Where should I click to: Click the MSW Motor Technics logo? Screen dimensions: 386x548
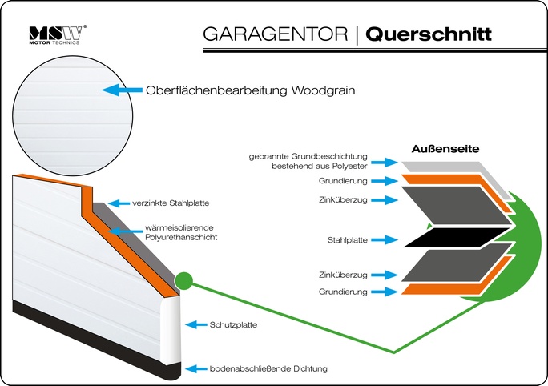[57, 34]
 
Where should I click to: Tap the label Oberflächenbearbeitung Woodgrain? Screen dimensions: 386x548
[250, 90]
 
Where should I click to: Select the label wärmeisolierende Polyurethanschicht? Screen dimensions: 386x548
[182, 232]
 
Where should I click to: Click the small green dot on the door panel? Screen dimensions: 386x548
[183, 281]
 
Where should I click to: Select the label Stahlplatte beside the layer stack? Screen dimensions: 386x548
[347, 239]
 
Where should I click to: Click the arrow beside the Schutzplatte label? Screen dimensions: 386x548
[195, 324]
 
